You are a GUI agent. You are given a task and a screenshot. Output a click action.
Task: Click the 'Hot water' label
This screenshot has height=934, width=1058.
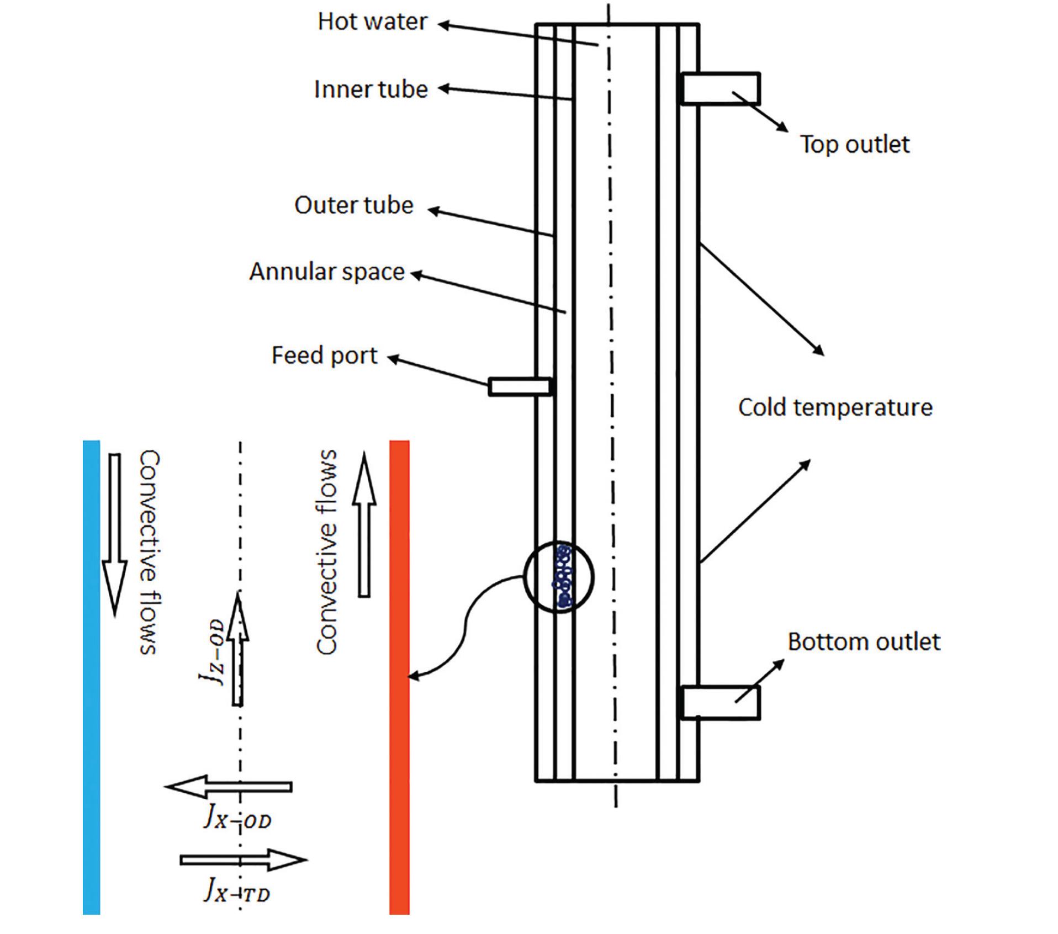tap(372, 22)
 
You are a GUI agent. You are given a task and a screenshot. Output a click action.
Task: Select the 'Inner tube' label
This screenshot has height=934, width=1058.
tap(371, 89)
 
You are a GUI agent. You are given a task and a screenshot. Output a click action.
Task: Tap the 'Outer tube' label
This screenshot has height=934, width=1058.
tap(353, 205)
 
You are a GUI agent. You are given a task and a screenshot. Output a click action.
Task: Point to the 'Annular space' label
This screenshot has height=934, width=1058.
tap(327, 272)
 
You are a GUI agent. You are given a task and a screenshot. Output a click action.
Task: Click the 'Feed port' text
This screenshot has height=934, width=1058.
tap(324, 355)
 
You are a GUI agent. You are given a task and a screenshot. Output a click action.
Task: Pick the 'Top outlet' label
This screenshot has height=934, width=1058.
tap(854, 145)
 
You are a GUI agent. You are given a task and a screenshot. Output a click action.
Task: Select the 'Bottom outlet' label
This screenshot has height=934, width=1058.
tap(863, 642)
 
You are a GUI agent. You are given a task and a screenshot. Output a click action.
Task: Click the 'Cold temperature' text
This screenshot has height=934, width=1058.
tap(835, 408)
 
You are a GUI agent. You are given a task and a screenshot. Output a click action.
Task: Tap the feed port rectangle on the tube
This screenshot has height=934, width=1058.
tap(520, 386)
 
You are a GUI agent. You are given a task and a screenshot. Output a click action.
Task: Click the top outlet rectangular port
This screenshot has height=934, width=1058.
tap(721, 89)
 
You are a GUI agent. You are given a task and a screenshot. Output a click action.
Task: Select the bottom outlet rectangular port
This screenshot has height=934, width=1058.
tap(720, 703)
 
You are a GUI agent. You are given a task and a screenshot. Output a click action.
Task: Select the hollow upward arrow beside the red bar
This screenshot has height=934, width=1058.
tap(364, 524)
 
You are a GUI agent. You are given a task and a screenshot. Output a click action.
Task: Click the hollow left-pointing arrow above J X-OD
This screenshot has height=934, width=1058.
tap(229, 786)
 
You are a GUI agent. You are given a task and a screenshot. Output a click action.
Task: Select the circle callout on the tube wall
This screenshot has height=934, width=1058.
tap(558, 577)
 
